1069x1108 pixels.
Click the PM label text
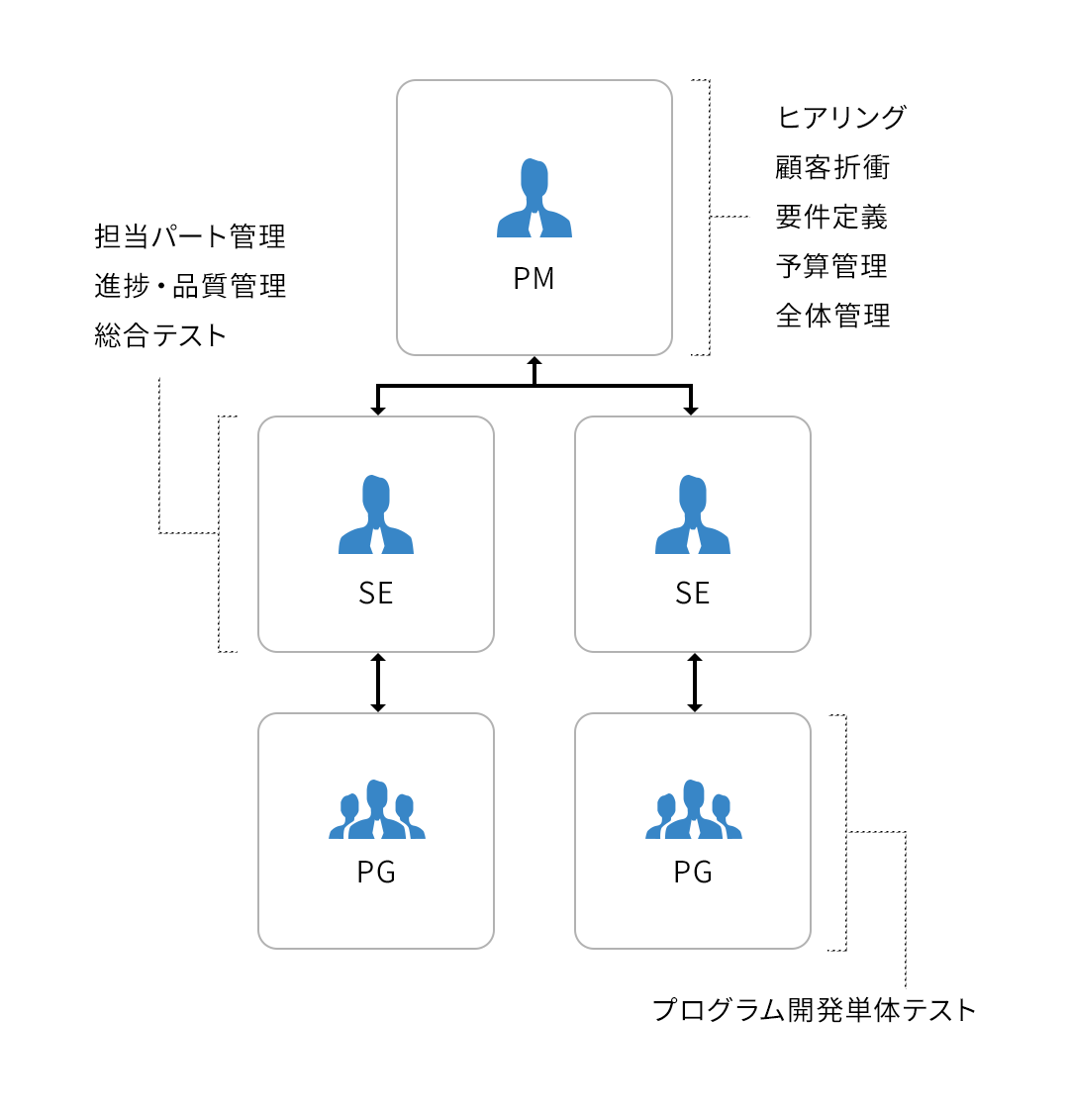pyautogui.click(x=534, y=278)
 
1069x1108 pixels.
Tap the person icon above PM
pyautogui.click(x=534, y=198)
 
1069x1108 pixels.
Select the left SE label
pyautogui.click(x=375, y=593)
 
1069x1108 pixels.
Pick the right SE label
pyautogui.click(x=692, y=593)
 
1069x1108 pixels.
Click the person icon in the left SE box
pyautogui.click(x=376, y=514)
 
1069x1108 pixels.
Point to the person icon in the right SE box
pyautogui.click(x=693, y=514)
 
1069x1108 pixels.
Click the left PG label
pyautogui.click(x=376, y=872)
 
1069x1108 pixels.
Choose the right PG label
pyautogui.click(x=693, y=872)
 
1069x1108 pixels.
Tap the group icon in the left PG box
pyautogui.click(x=377, y=809)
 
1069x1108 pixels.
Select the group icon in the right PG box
pyautogui.click(x=694, y=809)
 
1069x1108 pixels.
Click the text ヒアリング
pyautogui.click(x=840, y=118)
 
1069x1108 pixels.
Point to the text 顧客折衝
pyautogui.click(x=832, y=167)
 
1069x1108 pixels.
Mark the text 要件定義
pyautogui.click(x=831, y=217)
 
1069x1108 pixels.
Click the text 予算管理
pyautogui.click(x=831, y=266)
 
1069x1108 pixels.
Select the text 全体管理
pyautogui.click(x=832, y=316)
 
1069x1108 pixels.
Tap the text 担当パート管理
pyautogui.click(x=190, y=236)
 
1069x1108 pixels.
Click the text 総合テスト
pyautogui.click(x=159, y=335)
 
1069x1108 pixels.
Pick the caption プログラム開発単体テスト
pyautogui.click(x=814, y=1010)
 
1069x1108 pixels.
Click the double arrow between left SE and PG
pyautogui.click(x=378, y=683)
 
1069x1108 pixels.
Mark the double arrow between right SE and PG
pyautogui.click(x=695, y=683)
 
